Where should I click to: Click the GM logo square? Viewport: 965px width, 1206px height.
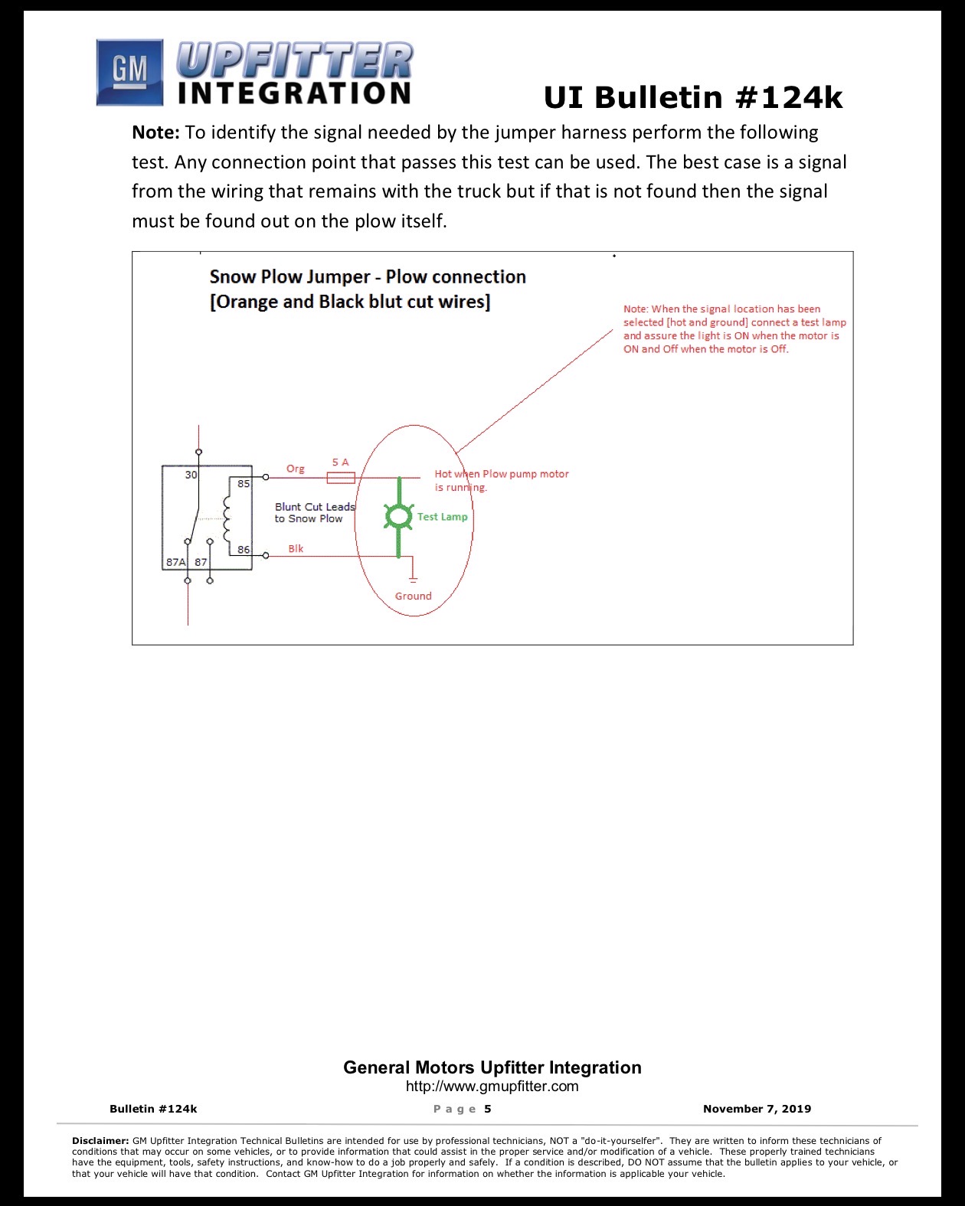coord(129,72)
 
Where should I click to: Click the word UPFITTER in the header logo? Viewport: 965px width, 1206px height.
coord(295,60)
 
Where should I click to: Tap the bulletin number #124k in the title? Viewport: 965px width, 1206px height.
coord(789,97)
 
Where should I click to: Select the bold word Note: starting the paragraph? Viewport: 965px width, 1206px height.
coord(155,132)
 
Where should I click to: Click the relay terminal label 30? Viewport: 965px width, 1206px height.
coord(191,475)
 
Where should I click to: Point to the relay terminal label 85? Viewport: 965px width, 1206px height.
coord(244,483)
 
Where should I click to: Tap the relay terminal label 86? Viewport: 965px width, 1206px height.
coord(244,550)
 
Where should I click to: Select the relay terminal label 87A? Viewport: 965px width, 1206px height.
coord(175,561)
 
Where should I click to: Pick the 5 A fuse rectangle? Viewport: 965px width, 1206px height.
coord(341,478)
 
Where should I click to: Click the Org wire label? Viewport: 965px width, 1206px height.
coord(296,469)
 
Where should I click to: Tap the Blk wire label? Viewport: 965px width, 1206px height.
coord(296,549)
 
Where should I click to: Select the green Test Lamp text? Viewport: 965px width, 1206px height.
coord(443,517)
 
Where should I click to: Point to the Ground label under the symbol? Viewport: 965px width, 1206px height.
coord(414,596)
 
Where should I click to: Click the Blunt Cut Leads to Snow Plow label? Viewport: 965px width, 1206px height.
coord(315,513)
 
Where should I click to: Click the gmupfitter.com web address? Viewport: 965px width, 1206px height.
coord(492,1086)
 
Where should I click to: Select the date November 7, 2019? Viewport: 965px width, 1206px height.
coord(757,1109)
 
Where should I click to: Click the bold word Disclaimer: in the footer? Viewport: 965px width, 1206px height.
coord(100,1140)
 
